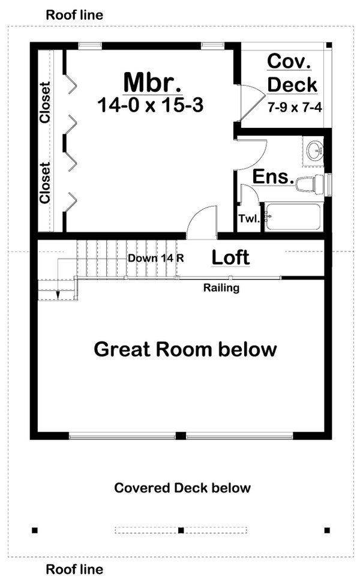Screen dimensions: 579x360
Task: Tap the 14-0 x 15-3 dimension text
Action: (x=150, y=106)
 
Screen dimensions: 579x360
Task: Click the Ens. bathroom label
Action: (x=273, y=177)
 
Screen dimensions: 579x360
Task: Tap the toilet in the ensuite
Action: (x=310, y=184)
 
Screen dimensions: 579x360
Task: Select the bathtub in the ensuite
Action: (x=293, y=217)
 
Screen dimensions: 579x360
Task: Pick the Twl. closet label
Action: (x=249, y=219)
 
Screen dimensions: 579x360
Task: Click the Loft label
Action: (x=231, y=258)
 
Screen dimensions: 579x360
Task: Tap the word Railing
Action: (x=221, y=288)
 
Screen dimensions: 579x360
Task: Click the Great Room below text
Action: (x=185, y=349)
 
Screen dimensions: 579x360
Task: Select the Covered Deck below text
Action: (x=182, y=488)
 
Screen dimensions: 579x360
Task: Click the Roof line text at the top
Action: (x=74, y=15)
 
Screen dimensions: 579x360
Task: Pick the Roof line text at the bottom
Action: (x=74, y=569)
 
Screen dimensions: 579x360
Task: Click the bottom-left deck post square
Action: (x=35, y=530)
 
